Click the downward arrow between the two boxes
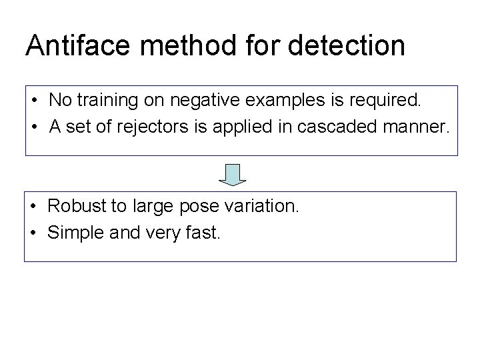[233, 175]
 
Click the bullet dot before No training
[33, 101]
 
